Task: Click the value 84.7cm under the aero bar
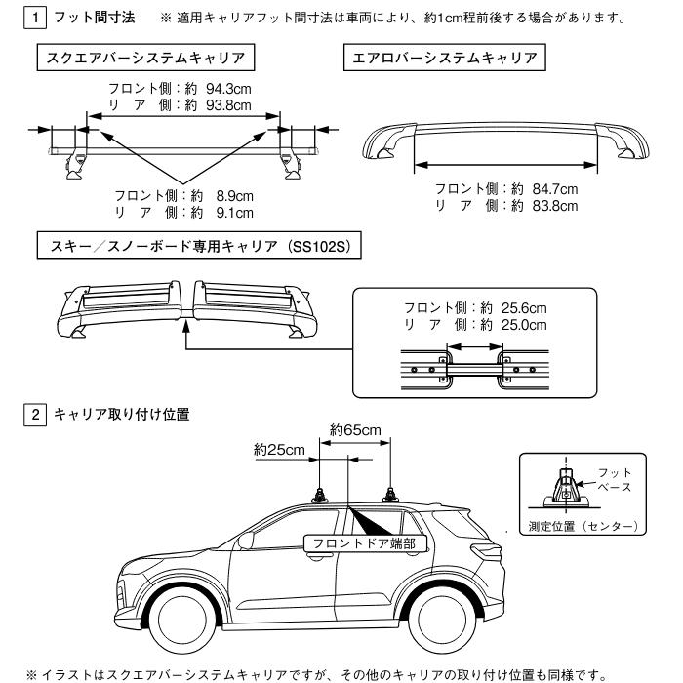(x=548, y=188)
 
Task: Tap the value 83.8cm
(x=548, y=205)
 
